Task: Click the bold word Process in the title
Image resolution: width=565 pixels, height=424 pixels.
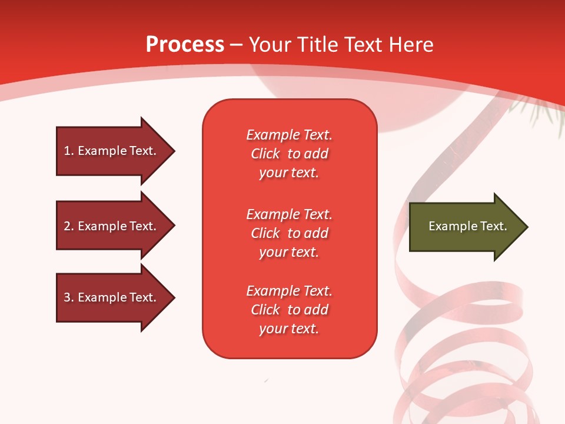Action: point(185,45)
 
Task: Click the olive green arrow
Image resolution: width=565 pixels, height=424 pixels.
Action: point(465,227)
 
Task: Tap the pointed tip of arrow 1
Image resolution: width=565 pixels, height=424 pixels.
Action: point(173,151)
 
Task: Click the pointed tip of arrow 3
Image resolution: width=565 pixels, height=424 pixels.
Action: point(173,297)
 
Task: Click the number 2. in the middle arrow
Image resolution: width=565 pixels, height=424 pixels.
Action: point(69,226)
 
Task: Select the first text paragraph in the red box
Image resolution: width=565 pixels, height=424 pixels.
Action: point(289,154)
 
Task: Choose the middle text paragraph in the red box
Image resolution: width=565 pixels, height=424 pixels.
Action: point(289,233)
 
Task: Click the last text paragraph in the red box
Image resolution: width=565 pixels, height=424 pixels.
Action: point(289,310)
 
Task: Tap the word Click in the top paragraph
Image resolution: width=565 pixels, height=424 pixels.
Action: point(265,154)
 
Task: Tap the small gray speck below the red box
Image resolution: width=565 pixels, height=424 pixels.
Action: point(267,381)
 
